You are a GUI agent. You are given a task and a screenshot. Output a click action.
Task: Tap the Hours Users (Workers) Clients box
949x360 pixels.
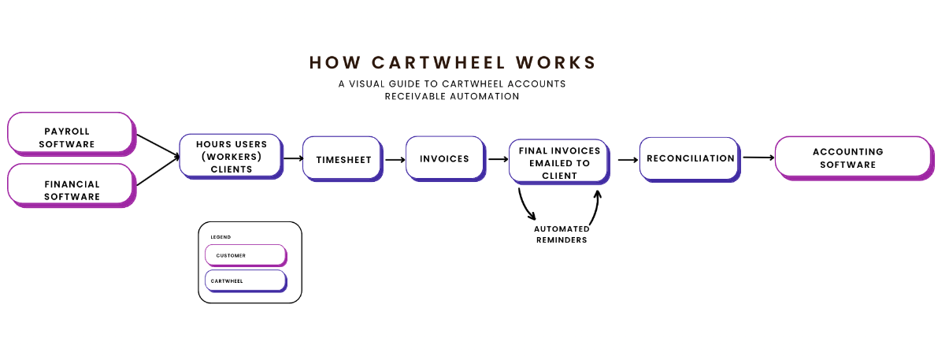(x=230, y=156)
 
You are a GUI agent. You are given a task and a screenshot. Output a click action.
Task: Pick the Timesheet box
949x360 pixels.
(x=343, y=158)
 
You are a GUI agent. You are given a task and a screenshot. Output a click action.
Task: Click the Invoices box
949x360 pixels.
(x=443, y=158)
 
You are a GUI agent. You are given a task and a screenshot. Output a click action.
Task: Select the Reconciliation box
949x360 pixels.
(x=689, y=158)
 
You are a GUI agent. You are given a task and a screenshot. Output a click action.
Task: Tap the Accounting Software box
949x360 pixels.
(x=852, y=157)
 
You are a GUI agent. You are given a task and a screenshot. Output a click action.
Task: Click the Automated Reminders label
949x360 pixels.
(x=561, y=234)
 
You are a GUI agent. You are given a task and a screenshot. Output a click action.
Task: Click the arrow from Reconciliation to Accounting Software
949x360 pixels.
(x=758, y=158)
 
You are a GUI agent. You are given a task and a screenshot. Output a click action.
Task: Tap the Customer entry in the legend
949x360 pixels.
(x=245, y=255)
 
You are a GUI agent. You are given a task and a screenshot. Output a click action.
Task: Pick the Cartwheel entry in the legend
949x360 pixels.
(x=245, y=280)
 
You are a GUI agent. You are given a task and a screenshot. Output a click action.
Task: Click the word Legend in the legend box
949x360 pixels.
(x=221, y=236)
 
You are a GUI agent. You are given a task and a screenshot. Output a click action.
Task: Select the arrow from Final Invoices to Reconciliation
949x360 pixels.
(x=627, y=159)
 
